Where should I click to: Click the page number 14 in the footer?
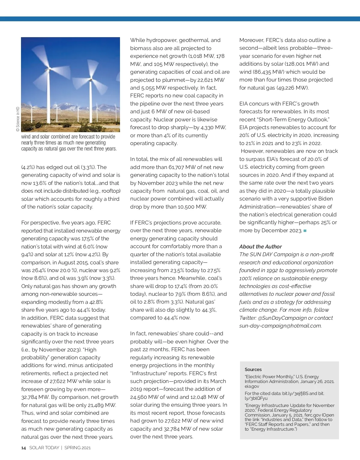[x=23, y=448]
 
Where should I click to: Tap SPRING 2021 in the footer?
[x=77, y=448]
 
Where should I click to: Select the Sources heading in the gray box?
[x=253, y=369]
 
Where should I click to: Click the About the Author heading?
[x=260, y=247]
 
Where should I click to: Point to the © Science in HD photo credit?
[x=18, y=119]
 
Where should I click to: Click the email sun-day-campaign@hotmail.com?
[x=280, y=326]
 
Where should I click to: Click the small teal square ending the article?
[x=305, y=231]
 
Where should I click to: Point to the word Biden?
[x=325, y=199]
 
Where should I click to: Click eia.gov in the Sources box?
[x=252, y=386]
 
